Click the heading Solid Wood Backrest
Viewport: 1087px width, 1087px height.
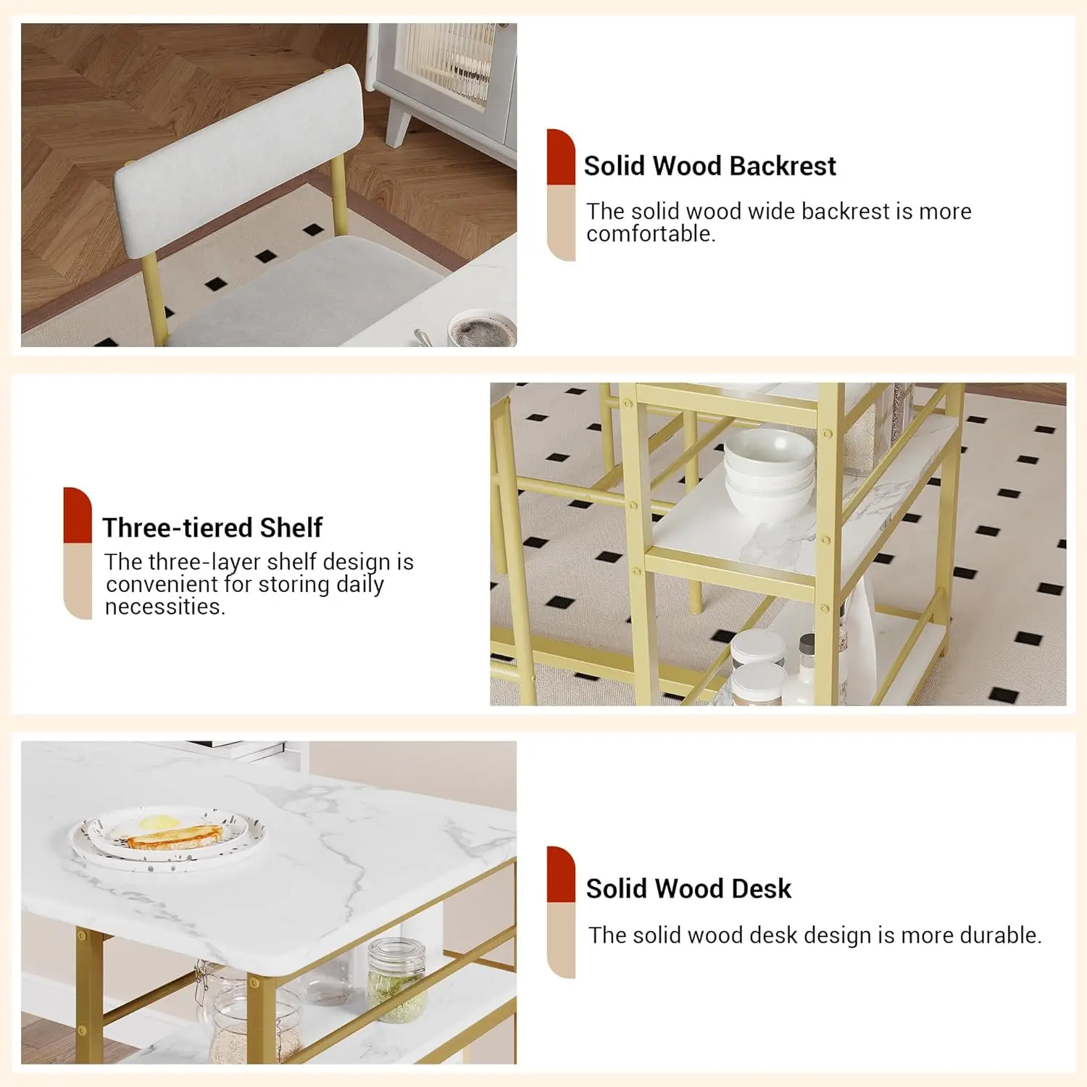pyautogui.click(x=709, y=166)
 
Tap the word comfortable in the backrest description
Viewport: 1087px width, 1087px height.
pyautogui.click(x=651, y=234)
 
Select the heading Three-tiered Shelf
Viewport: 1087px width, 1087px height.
pyautogui.click(x=212, y=528)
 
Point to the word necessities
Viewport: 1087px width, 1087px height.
pyautogui.click(x=165, y=607)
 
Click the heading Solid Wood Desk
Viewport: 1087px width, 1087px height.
pyautogui.click(x=688, y=888)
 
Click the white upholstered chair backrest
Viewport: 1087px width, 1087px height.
pyautogui.click(x=239, y=160)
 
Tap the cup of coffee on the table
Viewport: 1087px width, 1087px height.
pyautogui.click(x=481, y=330)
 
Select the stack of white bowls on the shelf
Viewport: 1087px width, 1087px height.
pyautogui.click(x=769, y=471)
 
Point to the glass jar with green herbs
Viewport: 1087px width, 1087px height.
pyautogui.click(x=396, y=980)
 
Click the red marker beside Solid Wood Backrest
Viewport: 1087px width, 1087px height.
pyautogui.click(x=561, y=157)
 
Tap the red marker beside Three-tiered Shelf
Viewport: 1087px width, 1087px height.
pyautogui.click(x=78, y=515)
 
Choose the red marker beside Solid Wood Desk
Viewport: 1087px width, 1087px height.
pyautogui.click(x=561, y=874)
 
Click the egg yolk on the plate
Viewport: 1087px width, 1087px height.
pyautogui.click(x=159, y=822)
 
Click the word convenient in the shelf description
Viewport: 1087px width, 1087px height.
pyautogui.click(x=162, y=584)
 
